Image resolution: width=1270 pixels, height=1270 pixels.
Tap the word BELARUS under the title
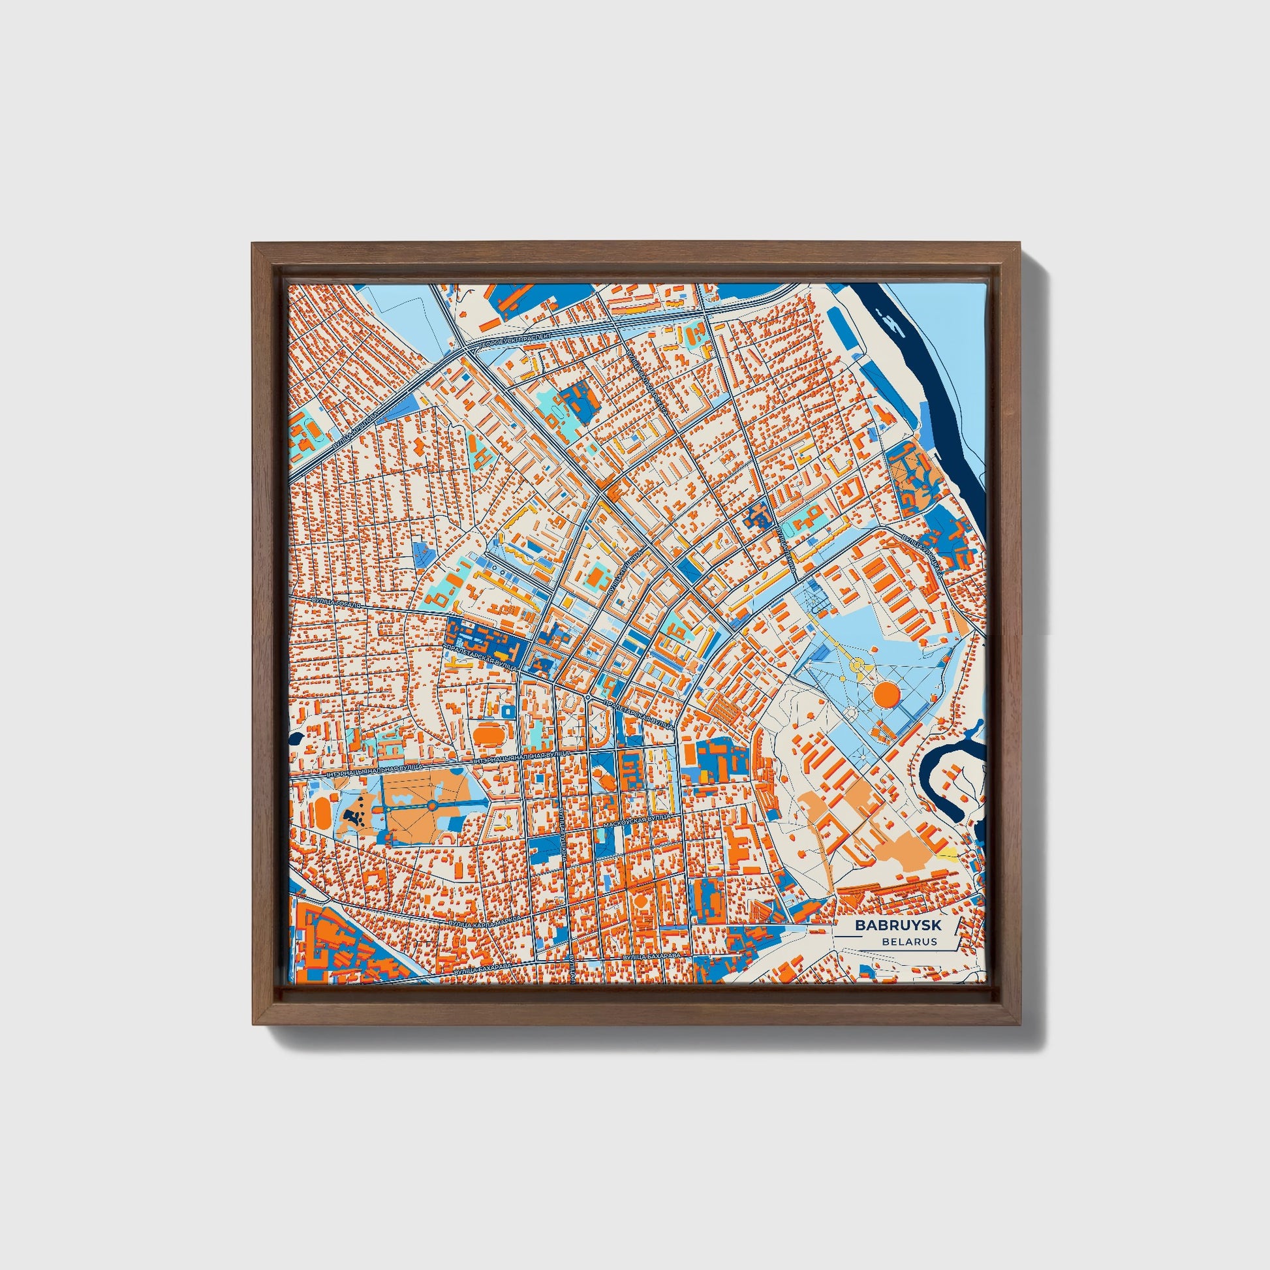click(x=910, y=941)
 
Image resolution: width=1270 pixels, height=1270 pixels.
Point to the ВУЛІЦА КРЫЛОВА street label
click(x=356, y=431)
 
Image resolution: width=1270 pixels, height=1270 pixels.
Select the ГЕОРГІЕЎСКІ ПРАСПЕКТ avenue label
click(x=523, y=339)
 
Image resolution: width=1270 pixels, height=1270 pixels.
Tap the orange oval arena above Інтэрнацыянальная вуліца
click(x=487, y=732)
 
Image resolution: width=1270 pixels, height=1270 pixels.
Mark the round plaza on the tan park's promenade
click(x=433, y=805)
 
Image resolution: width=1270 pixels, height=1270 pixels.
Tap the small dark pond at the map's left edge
click(x=293, y=737)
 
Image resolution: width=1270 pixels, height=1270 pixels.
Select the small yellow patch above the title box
click(x=947, y=853)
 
